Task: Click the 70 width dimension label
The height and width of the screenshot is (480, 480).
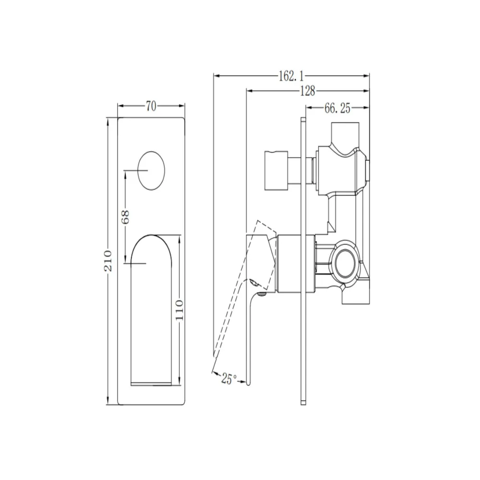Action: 151,106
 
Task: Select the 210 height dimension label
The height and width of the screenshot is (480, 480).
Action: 108,261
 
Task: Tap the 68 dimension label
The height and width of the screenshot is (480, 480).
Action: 125,217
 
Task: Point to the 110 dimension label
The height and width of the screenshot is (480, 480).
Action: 180,310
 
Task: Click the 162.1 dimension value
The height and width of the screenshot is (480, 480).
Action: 291,76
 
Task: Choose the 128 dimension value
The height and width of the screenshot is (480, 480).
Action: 307,91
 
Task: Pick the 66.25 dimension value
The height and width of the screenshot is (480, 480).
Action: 337,108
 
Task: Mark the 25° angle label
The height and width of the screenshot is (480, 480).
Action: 228,379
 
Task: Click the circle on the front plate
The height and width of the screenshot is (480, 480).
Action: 151,170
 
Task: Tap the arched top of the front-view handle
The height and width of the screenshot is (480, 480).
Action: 152,235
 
